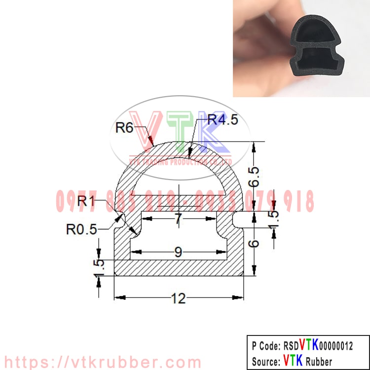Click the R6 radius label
pos(124,128)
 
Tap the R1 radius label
pos(87,201)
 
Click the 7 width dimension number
pos(178,220)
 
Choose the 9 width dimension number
pos(178,252)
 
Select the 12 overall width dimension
pos(178,298)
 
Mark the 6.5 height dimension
pos(254,176)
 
